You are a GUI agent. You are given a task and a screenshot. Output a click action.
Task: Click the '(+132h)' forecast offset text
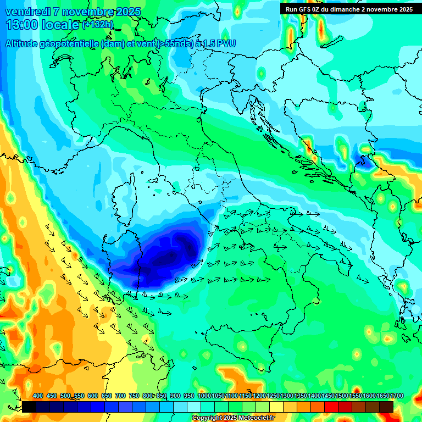click(x=98, y=25)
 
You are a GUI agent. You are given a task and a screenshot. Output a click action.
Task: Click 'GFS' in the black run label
click(x=307, y=9)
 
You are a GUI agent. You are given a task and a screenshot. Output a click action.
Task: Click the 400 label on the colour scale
click(x=38, y=396)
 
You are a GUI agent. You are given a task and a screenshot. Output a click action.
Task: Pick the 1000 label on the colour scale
click(x=204, y=396)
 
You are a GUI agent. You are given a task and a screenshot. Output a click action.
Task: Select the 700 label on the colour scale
click(x=120, y=396)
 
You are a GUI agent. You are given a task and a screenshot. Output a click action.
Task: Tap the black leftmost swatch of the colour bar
click(x=29, y=407)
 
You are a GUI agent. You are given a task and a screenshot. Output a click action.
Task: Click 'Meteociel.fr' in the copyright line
click(x=257, y=418)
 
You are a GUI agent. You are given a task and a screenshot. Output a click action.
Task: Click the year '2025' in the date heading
click(x=126, y=12)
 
